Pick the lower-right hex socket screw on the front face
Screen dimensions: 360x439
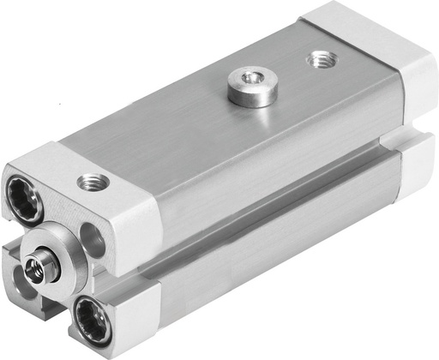click(89, 321)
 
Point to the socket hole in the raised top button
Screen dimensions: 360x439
click(252, 80)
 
